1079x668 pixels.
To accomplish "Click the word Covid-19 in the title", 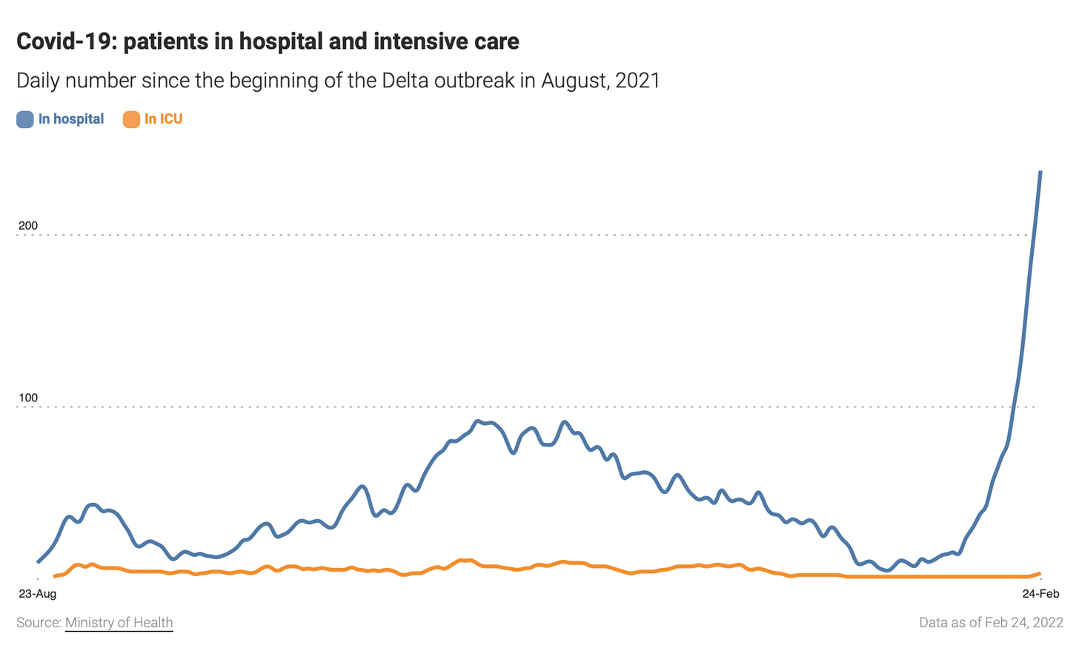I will point(64,41).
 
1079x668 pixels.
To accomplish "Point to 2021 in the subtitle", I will point(637,80).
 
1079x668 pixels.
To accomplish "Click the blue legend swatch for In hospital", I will point(25,119).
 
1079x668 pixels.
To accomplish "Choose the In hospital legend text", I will point(71,119).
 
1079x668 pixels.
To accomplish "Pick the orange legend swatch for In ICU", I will point(131,119).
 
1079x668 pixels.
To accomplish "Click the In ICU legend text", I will point(163,119).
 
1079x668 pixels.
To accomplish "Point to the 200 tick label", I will point(28,226).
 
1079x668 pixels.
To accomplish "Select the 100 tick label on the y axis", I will point(28,398).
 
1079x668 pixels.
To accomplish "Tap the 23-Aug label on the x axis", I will point(37,593).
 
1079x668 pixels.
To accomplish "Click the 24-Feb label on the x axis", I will point(1041,593).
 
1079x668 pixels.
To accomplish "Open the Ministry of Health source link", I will point(119,623).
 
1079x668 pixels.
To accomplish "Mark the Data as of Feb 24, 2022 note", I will point(991,623).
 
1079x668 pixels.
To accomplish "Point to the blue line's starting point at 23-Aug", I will point(38,562).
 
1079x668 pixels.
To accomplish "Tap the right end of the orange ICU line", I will point(1040,573).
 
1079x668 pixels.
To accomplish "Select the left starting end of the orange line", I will point(54,576).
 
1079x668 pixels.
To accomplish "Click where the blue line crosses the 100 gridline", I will point(1013,407).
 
